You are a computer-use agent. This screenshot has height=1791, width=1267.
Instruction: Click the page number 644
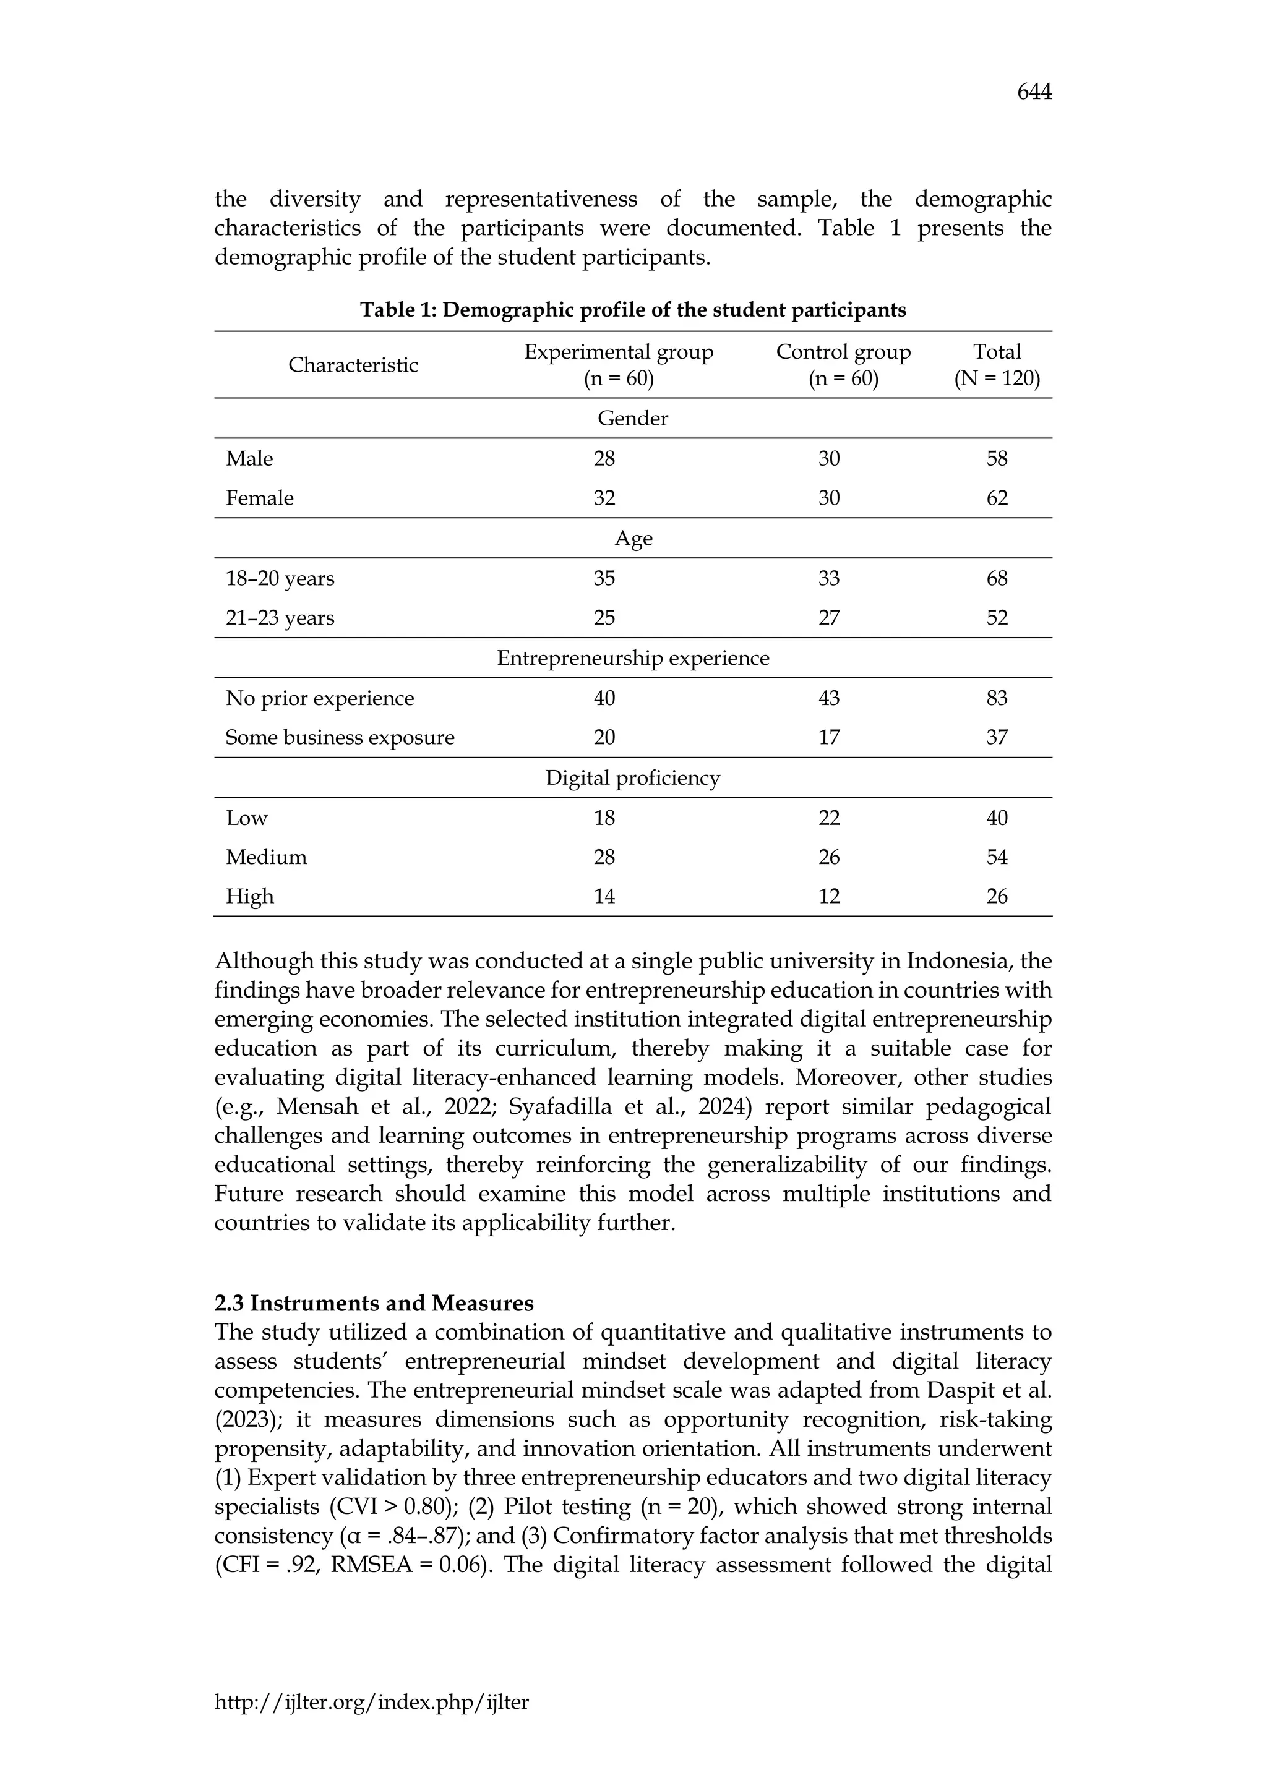pyautogui.click(x=1034, y=93)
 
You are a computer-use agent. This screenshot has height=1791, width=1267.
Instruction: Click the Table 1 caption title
pyautogui.click(x=633, y=310)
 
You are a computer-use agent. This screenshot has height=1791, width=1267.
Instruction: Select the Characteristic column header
pyautogui.click(x=353, y=365)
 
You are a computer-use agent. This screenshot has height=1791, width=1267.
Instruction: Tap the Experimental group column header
pyautogui.click(x=618, y=365)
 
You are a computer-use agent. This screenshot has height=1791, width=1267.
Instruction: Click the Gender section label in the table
pyautogui.click(x=633, y=419)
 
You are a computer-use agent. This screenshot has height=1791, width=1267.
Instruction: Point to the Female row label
pyautogui.click(x=260, y=498)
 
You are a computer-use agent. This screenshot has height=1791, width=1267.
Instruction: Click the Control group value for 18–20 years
pyautogui.click(x=828, y=578)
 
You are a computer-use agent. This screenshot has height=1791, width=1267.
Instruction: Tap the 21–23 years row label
pyautogui.click(x=280, y=618)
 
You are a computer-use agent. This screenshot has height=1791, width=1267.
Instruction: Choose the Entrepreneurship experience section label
pyautogui.click(x=633, y=659)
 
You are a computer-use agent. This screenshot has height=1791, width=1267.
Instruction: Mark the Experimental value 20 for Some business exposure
pyautogui.click(x=604, y=738)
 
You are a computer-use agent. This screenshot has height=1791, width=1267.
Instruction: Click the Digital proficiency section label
pyautogui.click(x=633, y=779)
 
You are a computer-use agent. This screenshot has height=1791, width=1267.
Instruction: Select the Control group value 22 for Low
pyautogui.click(x=828, y=818)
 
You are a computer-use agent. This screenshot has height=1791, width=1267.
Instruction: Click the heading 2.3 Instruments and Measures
pyautogui.click(x=374, y=1304)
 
